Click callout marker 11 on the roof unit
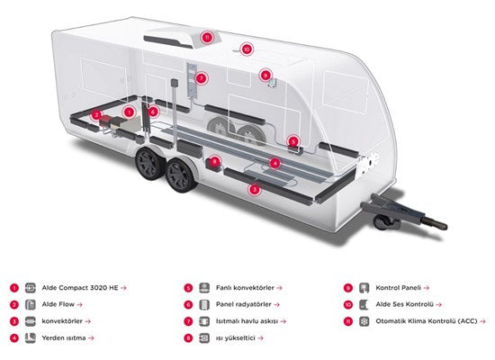[x=207, y=37]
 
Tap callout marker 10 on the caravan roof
[x=247, y=49]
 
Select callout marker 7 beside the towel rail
[x=202, y=78]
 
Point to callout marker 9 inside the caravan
[x=265, y=76]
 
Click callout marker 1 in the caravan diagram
[x=129, y=112]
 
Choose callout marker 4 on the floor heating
[x=274, y=163]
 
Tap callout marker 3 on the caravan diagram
[x=255, y=190]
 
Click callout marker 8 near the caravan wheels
[x=215, y=162]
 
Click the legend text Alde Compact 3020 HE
[x=80, y=288]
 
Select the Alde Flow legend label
[x=58, y=304]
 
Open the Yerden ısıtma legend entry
[x=64, y=337]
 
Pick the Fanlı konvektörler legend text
[x=245, y=288]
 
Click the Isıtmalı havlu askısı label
[x=247, y=321]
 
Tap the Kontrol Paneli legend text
[x=398, y=288]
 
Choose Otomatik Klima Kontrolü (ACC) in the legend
[x=427, y=321]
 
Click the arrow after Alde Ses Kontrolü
[x=438, y=305]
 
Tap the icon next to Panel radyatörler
[x=204, y=305]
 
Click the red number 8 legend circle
[x=188, y=338]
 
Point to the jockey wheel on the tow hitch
[x=381, y=221]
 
